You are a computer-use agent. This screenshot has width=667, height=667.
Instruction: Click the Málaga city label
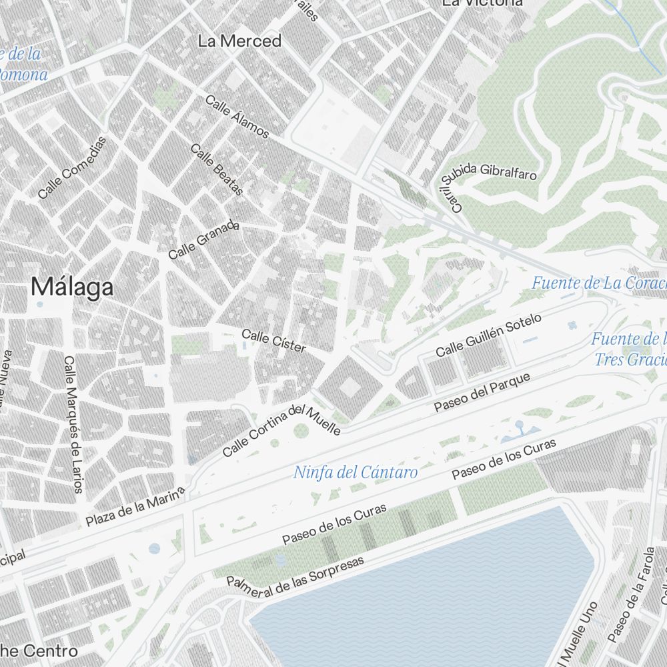pos(72,287)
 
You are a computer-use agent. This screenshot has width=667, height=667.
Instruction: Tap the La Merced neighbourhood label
pos(239,41)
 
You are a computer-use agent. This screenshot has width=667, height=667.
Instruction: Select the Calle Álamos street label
pos(237,117)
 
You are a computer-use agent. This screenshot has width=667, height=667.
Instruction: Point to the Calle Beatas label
pos(217,169)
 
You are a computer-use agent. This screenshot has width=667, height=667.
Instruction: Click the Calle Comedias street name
pos(72,167)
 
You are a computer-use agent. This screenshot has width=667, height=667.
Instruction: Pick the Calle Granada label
pos(203,240)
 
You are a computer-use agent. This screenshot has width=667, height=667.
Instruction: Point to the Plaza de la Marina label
pos(135,507)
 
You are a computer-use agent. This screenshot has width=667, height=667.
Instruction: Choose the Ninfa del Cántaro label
pos(356,473)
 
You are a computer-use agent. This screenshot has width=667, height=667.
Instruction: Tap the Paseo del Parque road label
pos(482,392)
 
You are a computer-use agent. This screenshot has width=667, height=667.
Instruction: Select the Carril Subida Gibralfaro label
pos(487,183)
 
